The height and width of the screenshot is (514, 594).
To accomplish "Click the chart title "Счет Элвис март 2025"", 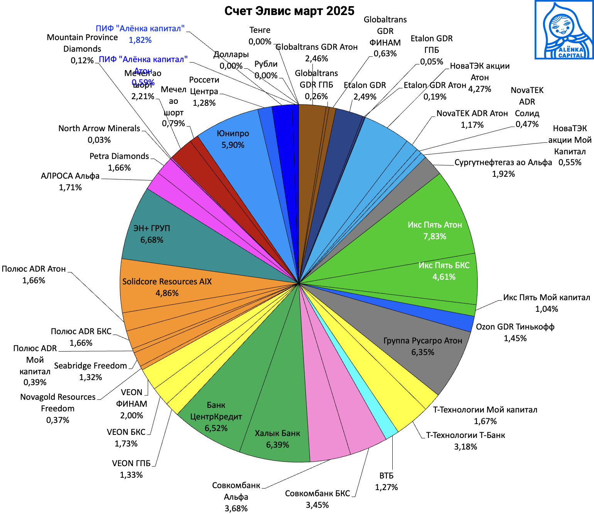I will click(x=289, y=11).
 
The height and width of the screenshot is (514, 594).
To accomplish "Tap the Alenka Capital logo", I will click(x=564, y=30).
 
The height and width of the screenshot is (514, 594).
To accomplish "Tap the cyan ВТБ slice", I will click(x=388, y=432).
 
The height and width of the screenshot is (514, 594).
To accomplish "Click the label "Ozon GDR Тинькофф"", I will click(x=515, y=327).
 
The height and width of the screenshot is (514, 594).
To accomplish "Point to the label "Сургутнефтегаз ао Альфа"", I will click(x=503, y=162).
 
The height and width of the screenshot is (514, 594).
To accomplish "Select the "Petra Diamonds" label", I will click(x=119, y=156).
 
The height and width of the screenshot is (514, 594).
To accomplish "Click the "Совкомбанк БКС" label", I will click(x=317, y=494).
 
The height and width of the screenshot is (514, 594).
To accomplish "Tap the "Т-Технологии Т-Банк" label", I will click(x=465, y=435).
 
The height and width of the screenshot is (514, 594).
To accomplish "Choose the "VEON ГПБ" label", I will click(x=131, y=463).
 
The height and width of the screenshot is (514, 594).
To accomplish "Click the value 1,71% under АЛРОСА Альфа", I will click(x=70, y=188).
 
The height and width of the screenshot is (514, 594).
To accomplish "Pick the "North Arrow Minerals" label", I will click(x=99, y=128).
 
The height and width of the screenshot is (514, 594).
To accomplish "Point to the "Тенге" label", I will click(x=260, y=30).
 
